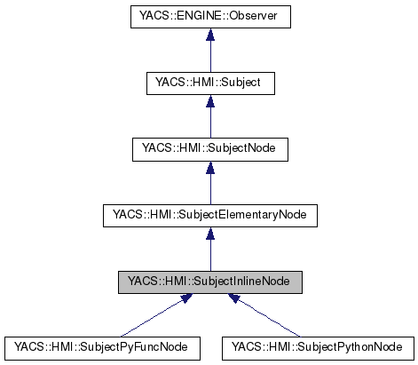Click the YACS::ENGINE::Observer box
[209, 16]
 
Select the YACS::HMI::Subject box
[209, 83]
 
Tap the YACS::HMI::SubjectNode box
[209, 148]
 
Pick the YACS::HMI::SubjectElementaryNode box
[209, 215]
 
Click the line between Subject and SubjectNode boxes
[209, 121]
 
